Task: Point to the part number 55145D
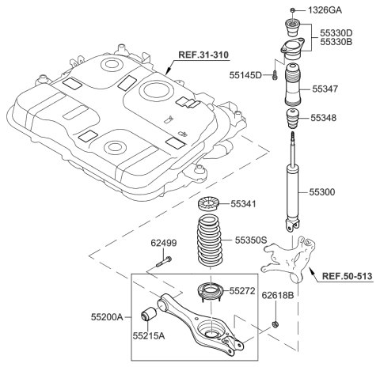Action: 246,74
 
